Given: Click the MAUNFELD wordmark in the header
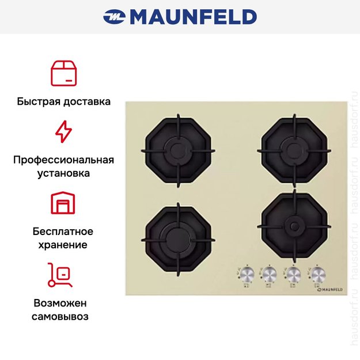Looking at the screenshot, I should (193, 17).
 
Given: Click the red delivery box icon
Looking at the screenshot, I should (63, 73).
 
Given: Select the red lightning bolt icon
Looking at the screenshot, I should (63, 132).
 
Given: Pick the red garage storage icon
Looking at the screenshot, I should (63, 203).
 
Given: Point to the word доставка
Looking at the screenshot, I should (86, 101).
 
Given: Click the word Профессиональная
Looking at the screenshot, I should (63, 160).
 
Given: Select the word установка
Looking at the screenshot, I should (63, 173).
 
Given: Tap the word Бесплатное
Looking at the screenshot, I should (63, 232).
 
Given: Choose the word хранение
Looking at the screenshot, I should (63, 245).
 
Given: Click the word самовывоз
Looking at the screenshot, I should (63, 316).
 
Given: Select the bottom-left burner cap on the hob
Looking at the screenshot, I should (177, 236).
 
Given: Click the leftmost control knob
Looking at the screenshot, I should (247, 273).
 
